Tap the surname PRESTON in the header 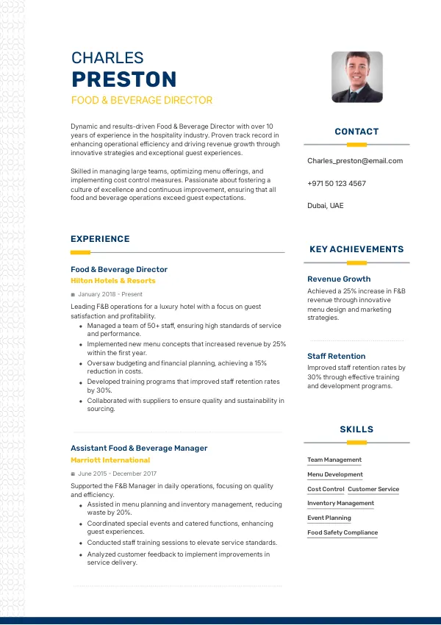(124, 79)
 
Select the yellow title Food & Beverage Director (142, 100)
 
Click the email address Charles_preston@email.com (355, 160)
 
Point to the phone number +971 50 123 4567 (337, 183)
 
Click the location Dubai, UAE (325, 206)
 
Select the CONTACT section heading (356, 132)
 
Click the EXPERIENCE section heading (100, 239)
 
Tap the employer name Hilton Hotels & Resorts (113, 281)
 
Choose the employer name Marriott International (110, 460)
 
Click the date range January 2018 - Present (110, 294)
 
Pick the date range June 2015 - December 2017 (117, 474)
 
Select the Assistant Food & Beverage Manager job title (139, 448)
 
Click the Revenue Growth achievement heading (339, 279)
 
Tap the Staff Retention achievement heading (337, 357)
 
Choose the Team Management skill (334, 460)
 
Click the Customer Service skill (373, 489)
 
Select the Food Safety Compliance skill (343, 532)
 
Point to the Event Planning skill (329, 518)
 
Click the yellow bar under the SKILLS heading (356, 443)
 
